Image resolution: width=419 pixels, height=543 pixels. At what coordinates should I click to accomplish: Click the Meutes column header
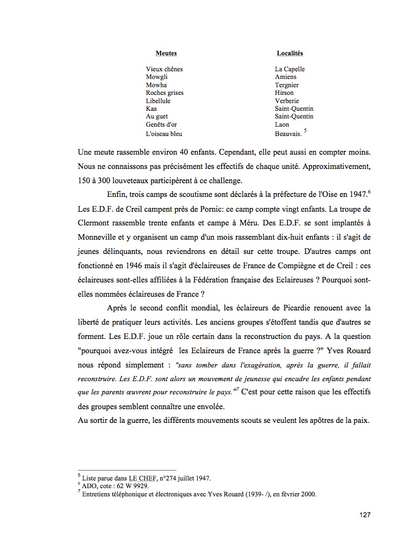[x=166, y=53]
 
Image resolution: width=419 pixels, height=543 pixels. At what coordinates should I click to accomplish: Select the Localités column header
[x=290, y=53]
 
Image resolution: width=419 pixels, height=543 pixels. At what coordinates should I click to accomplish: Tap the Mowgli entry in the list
[x=157, y=77]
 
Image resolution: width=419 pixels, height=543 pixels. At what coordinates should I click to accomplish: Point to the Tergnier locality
[x=287, y=85]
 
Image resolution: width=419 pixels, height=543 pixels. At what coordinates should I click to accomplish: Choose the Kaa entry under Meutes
[x=151, y=109]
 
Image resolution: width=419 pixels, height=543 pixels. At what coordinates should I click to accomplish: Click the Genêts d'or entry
[x=162, y=125]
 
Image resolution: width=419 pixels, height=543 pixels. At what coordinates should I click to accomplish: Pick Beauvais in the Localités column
[x=288, y=133]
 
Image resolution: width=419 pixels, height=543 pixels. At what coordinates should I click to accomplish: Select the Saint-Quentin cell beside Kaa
[x=294, y=109]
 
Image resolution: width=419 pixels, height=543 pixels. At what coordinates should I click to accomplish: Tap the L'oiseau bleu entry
[x=164, y=133]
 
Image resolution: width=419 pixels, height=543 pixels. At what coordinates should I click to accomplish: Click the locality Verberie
[x=287, y=101]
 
